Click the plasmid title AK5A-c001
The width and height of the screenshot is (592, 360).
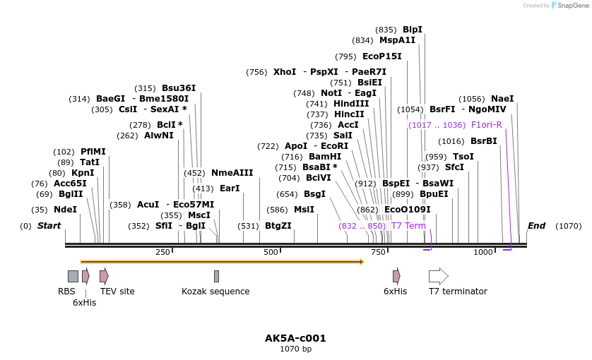[295, 338]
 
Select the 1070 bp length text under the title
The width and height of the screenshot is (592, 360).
[295, 349]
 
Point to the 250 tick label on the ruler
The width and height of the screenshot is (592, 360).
[162, 252]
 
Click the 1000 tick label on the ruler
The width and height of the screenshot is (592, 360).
[483, 252]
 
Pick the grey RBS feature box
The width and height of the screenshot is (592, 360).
[73, 276]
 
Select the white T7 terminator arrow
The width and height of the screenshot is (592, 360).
[438, 276]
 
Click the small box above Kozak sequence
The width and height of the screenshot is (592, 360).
[216, 276]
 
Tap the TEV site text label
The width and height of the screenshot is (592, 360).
[117, 292]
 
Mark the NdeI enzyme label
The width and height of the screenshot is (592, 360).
[65, 210]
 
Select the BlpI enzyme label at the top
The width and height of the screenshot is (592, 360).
[413, 30]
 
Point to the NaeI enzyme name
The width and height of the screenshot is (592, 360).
[502, 99]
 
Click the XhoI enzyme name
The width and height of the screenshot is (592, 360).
[285, 72]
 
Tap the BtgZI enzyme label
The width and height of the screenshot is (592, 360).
[278, 226]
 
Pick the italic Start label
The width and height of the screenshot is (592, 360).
[49, 226]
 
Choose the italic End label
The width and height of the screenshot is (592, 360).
[536, 226]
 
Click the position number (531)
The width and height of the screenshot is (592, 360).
[248, 226]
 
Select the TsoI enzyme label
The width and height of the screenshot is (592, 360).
[463, 157]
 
